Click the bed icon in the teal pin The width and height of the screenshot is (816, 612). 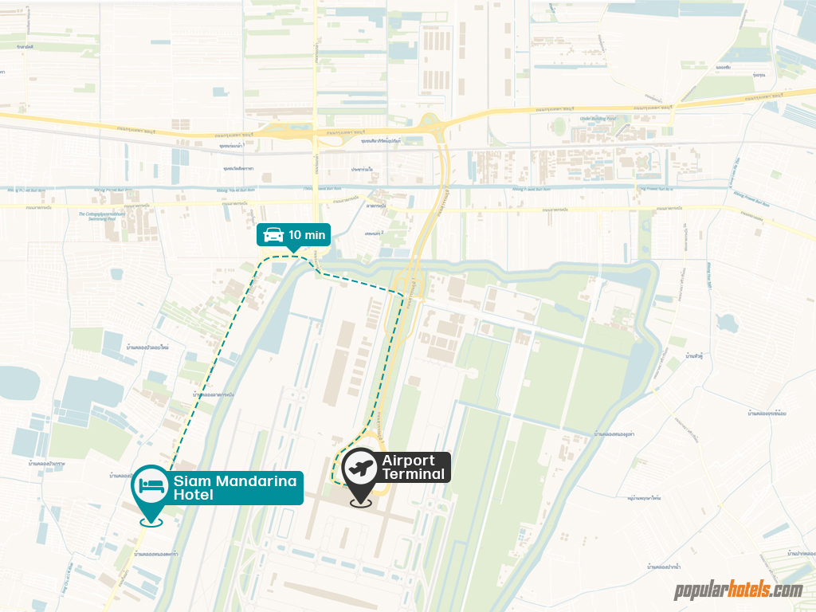click(x=151, y=484)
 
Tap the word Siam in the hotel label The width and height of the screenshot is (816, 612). click(x=190, y=481)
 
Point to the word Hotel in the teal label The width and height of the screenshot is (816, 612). click(x=194, y=496)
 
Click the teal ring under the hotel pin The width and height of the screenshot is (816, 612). click(x=151, y=523)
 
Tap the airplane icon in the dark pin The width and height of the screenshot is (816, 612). click(x=361, y=468)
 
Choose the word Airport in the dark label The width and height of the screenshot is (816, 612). click(x=409, y=461)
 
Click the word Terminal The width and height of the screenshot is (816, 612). click(x=414, y=474)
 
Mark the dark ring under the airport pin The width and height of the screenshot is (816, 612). click(x=361, y=504)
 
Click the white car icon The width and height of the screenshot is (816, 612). click(x=273, y=234)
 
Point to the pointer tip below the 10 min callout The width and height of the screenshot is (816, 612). click(x=293, y=252)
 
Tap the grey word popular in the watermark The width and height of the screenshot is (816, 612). click(x=700, y=590)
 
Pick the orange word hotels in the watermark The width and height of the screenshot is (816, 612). click(x=747, y=590)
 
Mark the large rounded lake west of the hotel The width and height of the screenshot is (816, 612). click(x=18, y=384)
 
